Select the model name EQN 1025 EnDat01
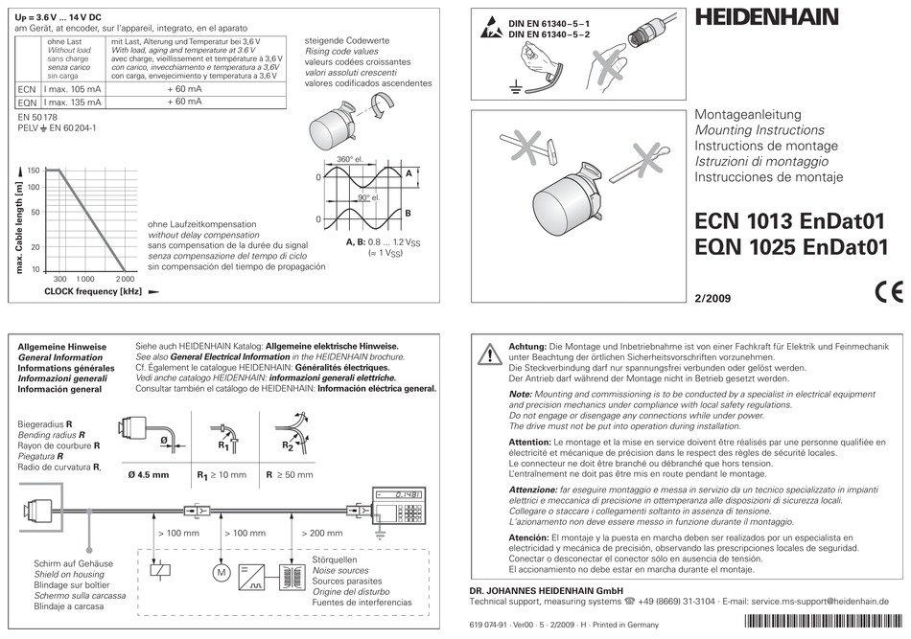pyautogui.click(x=787, y=247)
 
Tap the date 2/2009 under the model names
pyautogui.click(x=712, y=298)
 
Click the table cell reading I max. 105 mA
pyautogui.click(x=73, y=88)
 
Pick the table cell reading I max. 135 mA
pyautogui.click(x=73, y=101)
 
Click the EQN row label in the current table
pyautogui.click(x=28, y=101)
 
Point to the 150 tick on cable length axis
pyautogui.click(x=34, y=170)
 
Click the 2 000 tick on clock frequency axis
pyautogui.click(x=125, y=278)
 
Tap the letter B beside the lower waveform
pyautogui.click(x=408, y=213)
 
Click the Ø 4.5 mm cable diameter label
pyautogui.click(x=148, y=474)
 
